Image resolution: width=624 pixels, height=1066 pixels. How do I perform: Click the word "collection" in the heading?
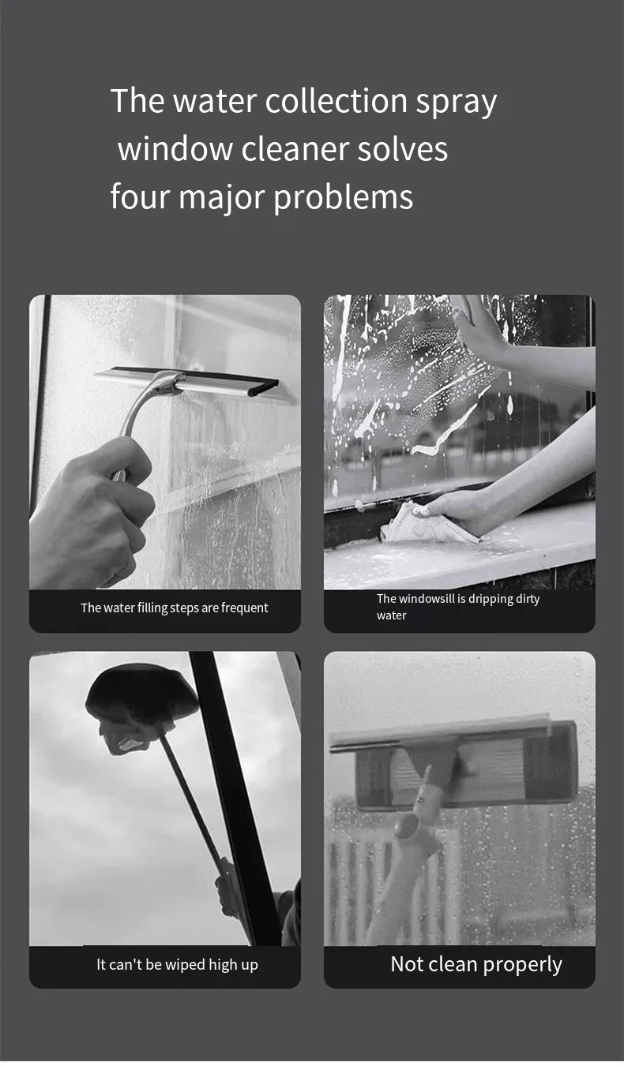335,101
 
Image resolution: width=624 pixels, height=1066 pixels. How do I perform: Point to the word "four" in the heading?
140,196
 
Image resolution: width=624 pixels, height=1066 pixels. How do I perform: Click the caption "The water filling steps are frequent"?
174,608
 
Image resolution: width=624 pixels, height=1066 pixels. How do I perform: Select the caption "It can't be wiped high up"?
177,964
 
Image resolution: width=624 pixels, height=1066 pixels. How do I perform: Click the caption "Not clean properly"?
476,964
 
